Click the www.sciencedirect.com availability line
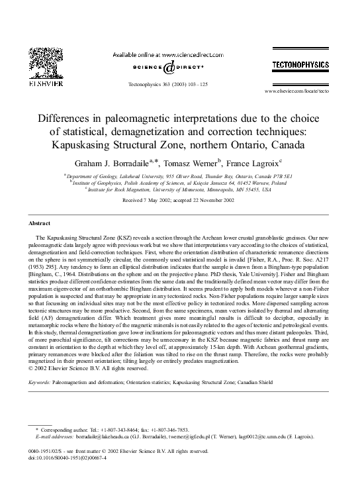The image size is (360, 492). [x=169, y=54]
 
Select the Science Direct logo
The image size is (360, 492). [x=171, y=68]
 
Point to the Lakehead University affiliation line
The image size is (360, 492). [x=180, y=176]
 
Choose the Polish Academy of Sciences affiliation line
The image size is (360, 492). [x=180, y=183]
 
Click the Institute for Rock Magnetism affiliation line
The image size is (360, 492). [x=180, y=189]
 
